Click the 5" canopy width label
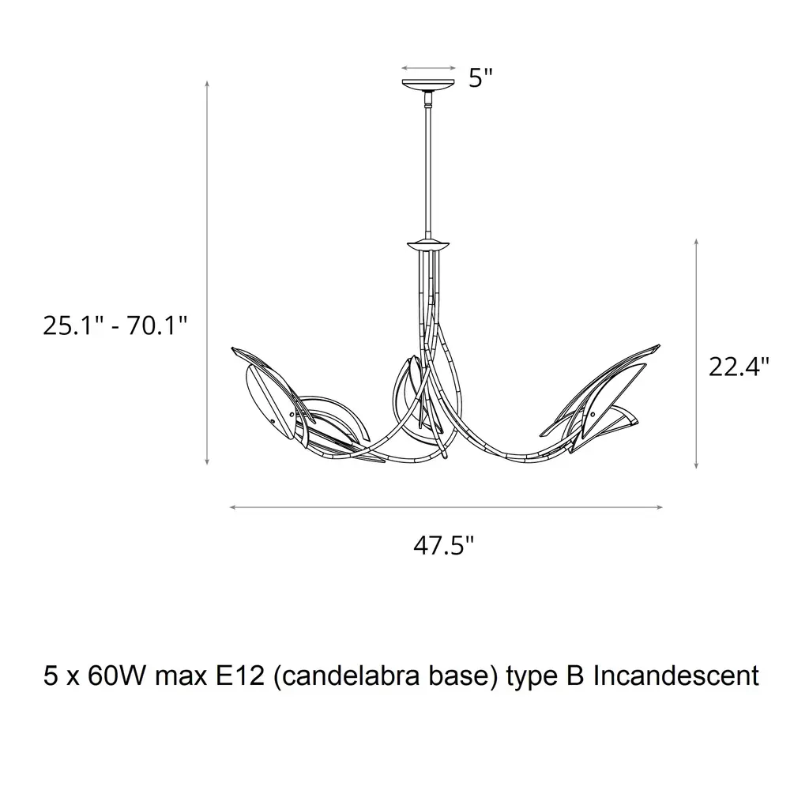[480, 78]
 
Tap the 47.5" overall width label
[443, 545]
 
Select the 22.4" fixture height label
[739, 367]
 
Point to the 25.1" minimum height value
[73, 325]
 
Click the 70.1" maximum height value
[157, 325]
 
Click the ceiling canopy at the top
[429, 84]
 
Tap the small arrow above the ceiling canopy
[429, 68]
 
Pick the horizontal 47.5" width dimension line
[446, 508]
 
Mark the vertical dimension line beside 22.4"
[696, 353]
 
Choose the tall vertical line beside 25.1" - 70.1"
[207, 273]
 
